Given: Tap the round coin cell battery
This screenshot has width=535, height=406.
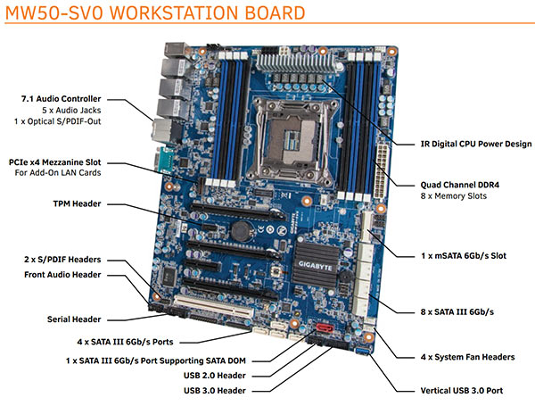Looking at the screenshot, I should click(x=238, y=228).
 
